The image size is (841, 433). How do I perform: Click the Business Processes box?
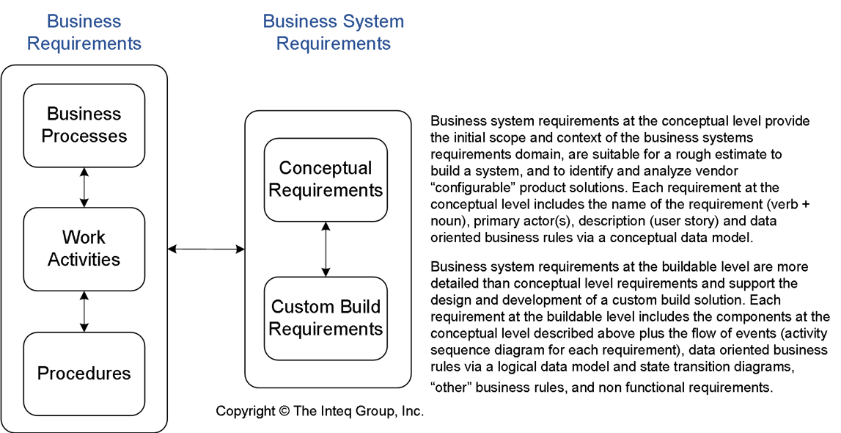(84, 125)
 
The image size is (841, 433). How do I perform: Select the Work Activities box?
(84, 249)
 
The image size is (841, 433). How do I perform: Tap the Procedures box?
(84, 373)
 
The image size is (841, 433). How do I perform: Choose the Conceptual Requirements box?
(326, 180)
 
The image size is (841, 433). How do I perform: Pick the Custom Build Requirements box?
(326, 318)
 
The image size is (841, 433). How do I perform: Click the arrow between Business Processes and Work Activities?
(84, 187)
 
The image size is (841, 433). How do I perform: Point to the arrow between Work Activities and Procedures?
(84, 311)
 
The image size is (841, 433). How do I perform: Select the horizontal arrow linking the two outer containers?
(206, 250)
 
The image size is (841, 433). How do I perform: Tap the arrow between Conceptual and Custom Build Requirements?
(326, 249)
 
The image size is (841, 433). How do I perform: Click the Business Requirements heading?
(84, 33)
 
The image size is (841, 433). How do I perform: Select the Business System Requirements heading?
(334, 33)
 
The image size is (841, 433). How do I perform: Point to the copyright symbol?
(284, 412)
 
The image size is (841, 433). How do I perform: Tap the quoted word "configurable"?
(468, 188)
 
